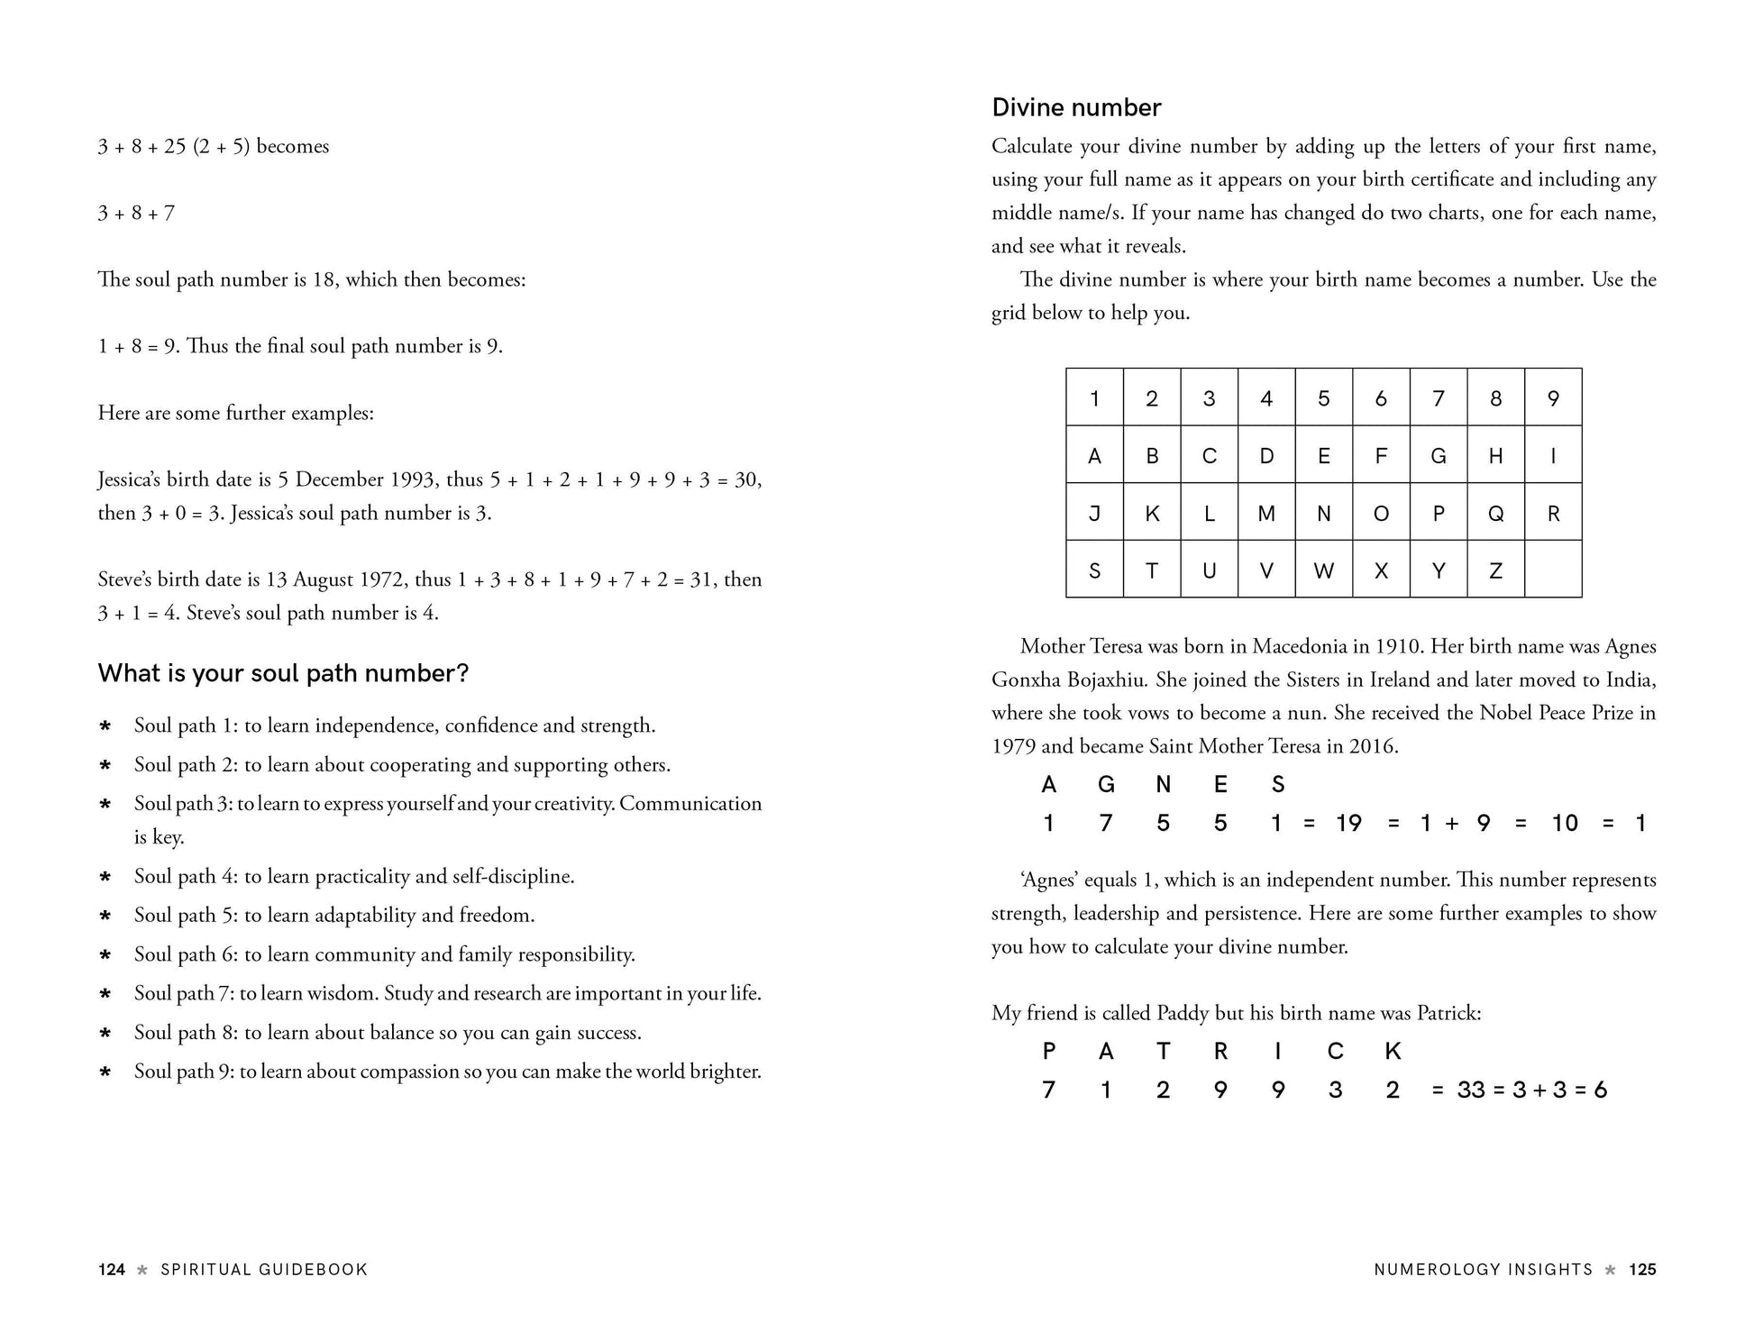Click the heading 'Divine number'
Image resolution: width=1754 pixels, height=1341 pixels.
(x=1076, y=107)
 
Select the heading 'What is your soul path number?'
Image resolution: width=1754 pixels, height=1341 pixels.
(x=283, y=673)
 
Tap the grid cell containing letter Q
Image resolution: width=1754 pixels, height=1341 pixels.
(x=1495, y=513)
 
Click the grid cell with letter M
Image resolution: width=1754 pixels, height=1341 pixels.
(x=1266, y=513)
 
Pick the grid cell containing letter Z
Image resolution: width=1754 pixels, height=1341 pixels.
(x=1495, y=570)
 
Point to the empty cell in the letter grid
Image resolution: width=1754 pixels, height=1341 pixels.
(x=1553, y=570)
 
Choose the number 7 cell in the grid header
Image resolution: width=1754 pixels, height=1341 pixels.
(x=1439, y=397)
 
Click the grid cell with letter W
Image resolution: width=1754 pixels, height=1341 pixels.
(x=1323, y=570)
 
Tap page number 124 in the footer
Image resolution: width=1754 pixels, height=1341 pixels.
(x=112, y=1270)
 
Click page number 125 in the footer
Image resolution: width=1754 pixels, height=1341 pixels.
(x=1642, y=1270)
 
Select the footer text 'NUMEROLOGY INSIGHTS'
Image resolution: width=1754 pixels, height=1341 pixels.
(x=1484, y=1270)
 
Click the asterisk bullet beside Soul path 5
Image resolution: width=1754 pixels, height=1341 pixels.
(x=105, y=917)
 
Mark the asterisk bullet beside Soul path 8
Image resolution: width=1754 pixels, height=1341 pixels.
(x=105, y=1034)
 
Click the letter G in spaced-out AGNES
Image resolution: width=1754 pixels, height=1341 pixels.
(x=1106, y=785)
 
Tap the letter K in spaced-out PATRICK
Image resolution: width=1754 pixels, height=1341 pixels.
(x=1393, y=1051)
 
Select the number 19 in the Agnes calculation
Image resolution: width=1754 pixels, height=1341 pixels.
(x=1348, y=823)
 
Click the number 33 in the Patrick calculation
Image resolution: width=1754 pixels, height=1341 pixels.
(x=1471, y=1090)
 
